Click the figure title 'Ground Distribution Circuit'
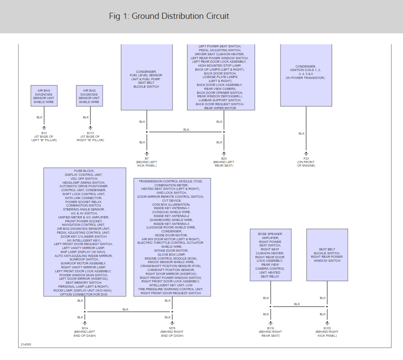tap(169, 16)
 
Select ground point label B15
tap(44, 132)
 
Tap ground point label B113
tap(90, 132)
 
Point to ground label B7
tap(147, 158)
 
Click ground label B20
tap(223, 158)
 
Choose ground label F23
tap(306, 158)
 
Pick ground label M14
tap(85, 328)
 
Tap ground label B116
tap(270, 328)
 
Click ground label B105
tap(327, 328)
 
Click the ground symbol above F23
tap(306, 153)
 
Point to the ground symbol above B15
tap(44, 128)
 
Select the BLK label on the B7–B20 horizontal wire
tap(186, 129)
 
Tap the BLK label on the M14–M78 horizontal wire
tap(126, 309)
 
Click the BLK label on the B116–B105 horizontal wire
tap(297, 304)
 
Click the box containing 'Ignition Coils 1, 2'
tap(306, 75)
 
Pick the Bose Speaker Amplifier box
tap(270, 255)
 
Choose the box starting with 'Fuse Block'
tap(84, 232)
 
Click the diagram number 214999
tap(26, 344)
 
